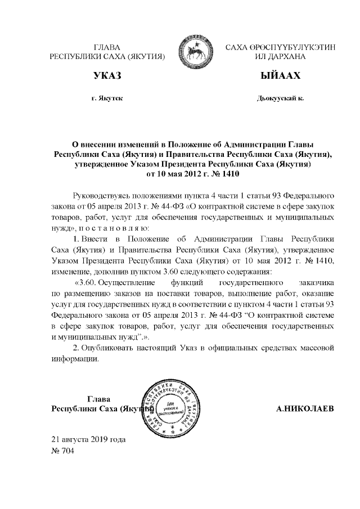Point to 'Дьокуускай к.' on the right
280,98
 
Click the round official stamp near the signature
166,407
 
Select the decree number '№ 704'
62,450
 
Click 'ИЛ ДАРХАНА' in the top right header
280,57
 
